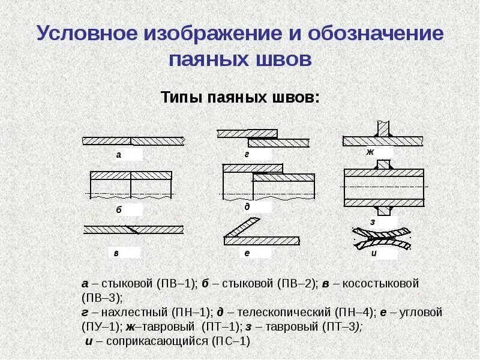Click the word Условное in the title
[83, 34]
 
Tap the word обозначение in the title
[376, 34]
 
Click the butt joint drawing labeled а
[133, 141]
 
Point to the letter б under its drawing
[119, 211]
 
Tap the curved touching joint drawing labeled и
[382, 238]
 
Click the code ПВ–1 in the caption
[173, 283]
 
